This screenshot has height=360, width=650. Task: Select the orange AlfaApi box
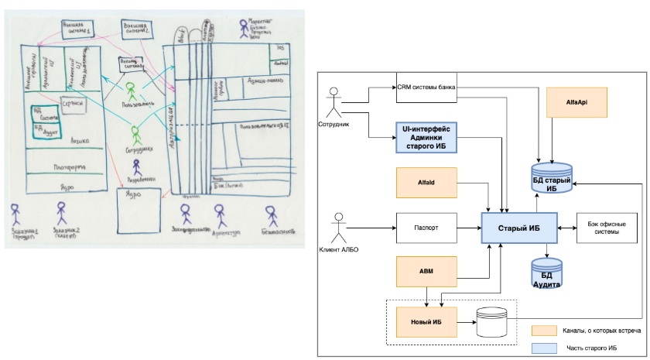(x=575, y=101)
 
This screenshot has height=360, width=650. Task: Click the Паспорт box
(x=425, y=228)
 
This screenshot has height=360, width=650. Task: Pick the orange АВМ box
(x=425, y=271)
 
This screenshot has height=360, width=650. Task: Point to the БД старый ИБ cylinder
(x=552, y=179)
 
